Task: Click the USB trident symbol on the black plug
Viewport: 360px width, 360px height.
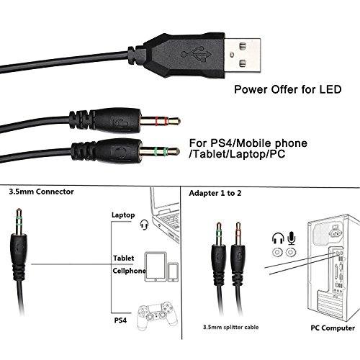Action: (196, 53)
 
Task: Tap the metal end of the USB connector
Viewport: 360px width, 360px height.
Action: (243, 55)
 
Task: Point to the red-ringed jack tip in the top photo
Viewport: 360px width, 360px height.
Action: (161, 121)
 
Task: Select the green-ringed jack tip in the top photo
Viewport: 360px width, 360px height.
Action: (160, 151)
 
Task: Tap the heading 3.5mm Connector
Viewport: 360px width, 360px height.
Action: (41, 192)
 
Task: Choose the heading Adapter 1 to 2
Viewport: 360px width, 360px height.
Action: (215, 193)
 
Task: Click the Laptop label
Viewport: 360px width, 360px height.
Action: (123, 215)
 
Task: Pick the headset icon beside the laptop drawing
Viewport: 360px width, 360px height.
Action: (144, 225)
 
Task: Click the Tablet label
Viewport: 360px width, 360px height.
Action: (124, 258)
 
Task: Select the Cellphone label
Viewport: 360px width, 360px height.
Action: (129, 271)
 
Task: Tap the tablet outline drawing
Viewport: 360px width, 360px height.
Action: (156, 266)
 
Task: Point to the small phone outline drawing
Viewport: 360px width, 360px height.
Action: (173, 272)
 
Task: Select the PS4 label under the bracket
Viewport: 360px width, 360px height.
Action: (120, 320)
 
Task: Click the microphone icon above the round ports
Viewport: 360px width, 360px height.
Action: (292, 238)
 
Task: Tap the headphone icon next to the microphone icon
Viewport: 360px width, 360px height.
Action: (278, 238)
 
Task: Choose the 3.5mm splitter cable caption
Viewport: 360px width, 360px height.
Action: (231, 327)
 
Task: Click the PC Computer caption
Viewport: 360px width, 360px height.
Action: (333, 328)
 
